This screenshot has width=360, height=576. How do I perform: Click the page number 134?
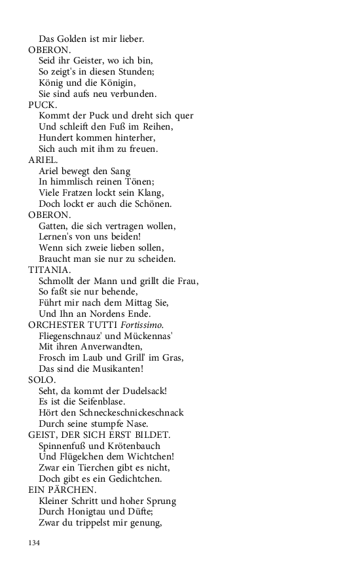click(x=35, y=543)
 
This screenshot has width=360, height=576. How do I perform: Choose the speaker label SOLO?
click(x=42, y=380)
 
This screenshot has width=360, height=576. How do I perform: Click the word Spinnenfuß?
click(x=64, y=446)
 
